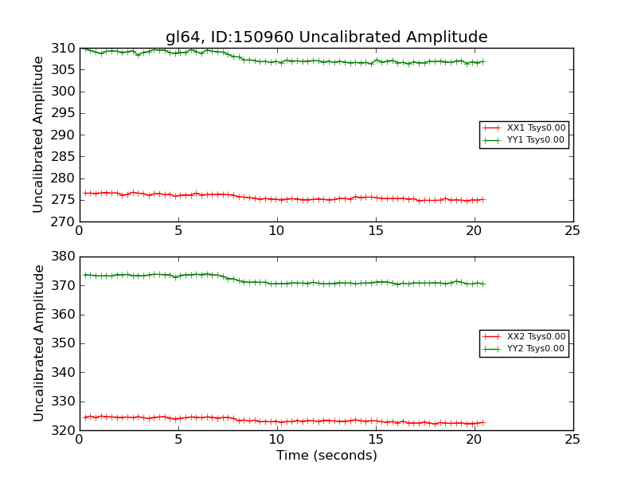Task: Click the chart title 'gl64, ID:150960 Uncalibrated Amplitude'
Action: (x=326, y=37)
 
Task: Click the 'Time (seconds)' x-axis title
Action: (x=326, y=456)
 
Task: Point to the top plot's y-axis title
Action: (x=39, y=135)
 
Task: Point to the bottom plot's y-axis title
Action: (x=39, y=343)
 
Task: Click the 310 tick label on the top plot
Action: (x=63, y=49)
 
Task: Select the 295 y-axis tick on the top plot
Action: (x=63, y=113)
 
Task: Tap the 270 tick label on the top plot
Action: (x=63, y=221)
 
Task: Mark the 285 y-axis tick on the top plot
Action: (x=63, y=156)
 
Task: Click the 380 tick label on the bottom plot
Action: (x=63, y=257)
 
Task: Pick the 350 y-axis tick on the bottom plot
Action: (x=63, y=343)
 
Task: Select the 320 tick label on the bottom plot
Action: (x=63, y=430)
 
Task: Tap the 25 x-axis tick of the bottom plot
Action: (x=573, y=440)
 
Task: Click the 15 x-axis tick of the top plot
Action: (x=375, y=231)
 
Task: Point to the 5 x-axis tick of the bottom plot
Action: (x=178, y=440)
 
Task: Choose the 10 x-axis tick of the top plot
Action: (x=276, y=231)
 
